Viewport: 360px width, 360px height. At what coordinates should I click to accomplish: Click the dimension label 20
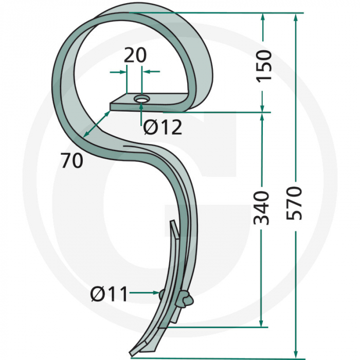pyautogui.click(x=135, y=55)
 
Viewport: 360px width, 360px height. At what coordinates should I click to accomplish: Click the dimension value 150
pyautogui.click(x=263, y=66)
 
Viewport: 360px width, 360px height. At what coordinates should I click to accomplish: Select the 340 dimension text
pyautogui.click(x=263, y=208)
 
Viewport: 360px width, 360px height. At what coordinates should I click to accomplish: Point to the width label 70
pyautogui.click(x=71, y=161)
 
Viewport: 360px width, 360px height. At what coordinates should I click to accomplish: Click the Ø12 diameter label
pyautogui.click(x=163, y=127)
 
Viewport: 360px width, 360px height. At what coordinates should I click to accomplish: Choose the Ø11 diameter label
pyautogui.click(x=109, y=294)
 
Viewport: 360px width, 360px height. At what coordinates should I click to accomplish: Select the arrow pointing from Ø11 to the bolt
pyautogui.click(x=145, y=293)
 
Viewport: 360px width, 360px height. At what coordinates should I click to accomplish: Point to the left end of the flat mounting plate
pyautogui.click(x=110, y=107)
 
